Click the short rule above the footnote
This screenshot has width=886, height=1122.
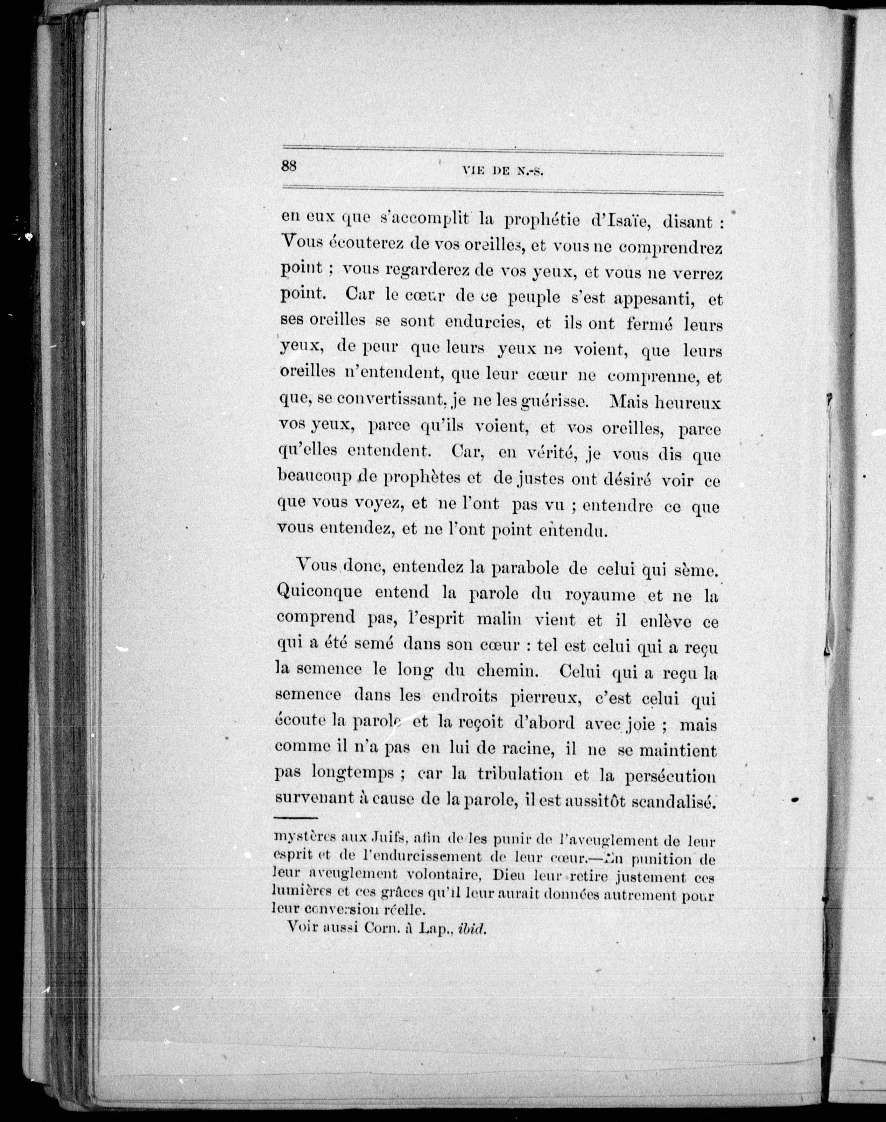click(290, 818)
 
